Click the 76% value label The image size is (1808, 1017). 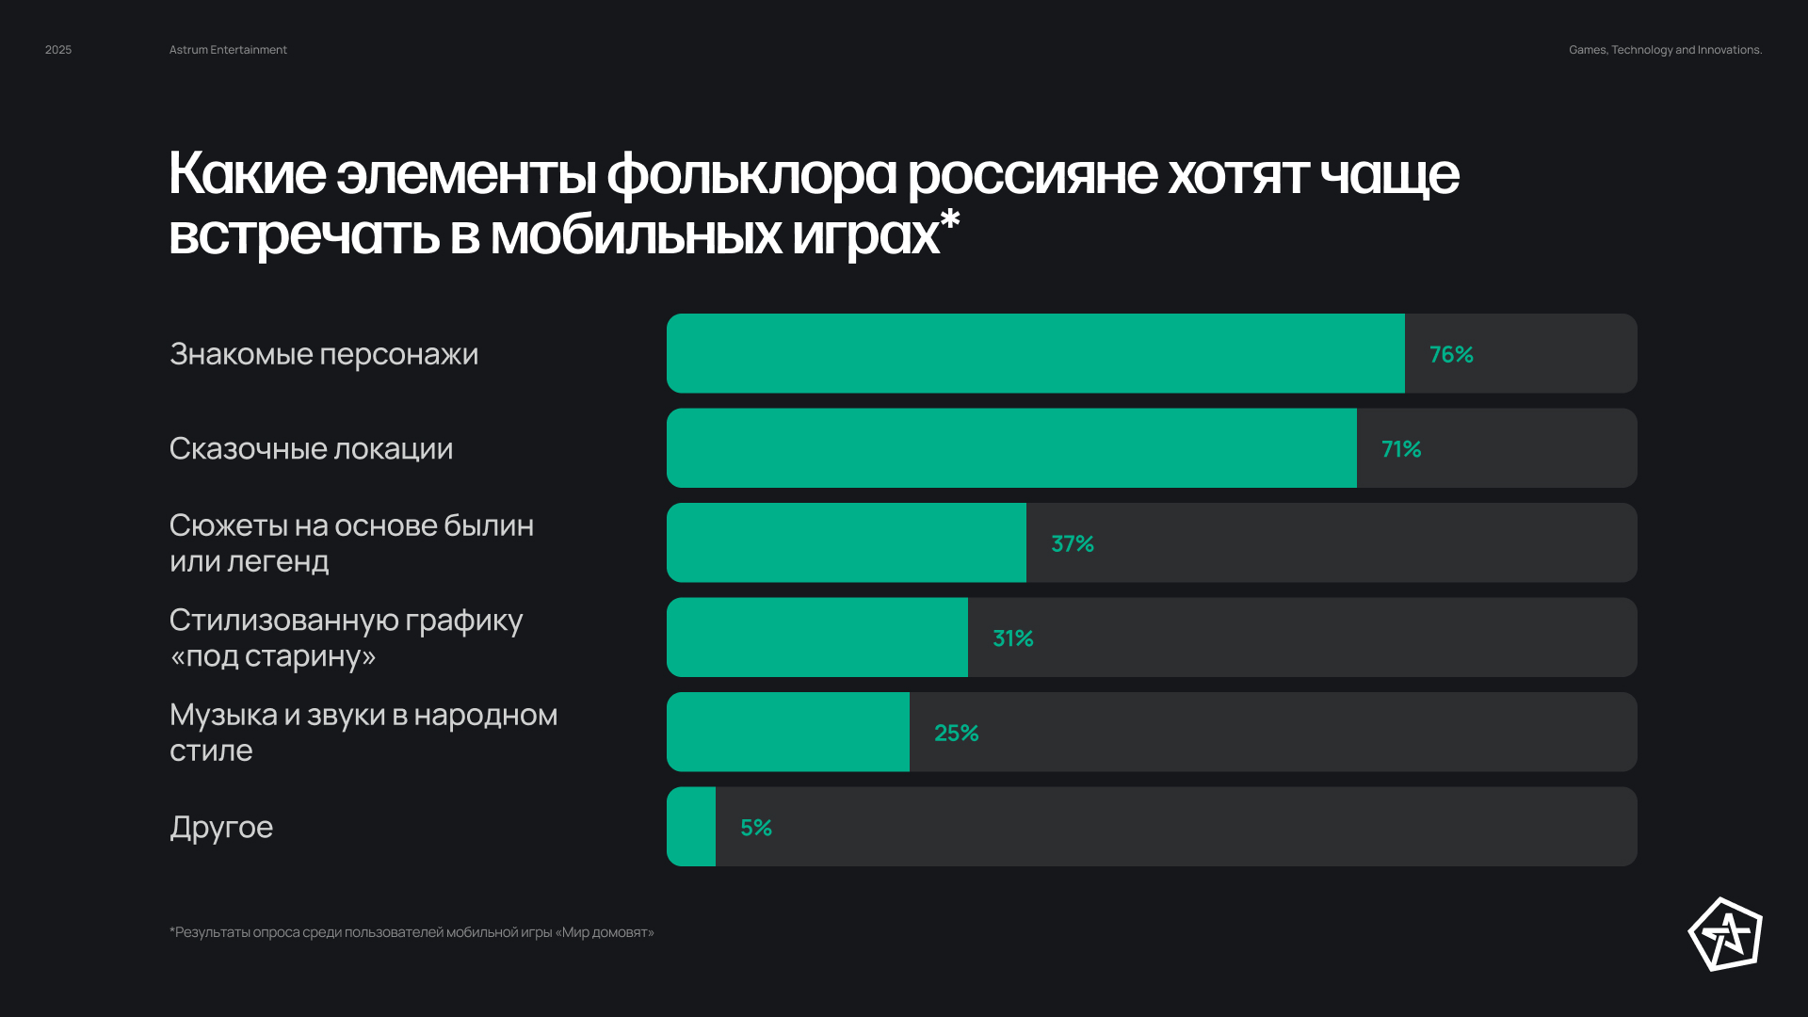[x=1451, y=354]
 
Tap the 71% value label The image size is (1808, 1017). [x=1401, y=449]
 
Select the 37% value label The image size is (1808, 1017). [x=1073, y=543]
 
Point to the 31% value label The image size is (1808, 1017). [x=1013, y=638]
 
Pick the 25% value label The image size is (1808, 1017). [x=957, y=733]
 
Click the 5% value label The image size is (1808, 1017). [x=756, y=828]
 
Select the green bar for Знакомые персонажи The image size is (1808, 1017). [x=1036, y=353]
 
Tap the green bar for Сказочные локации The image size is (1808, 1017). [x=1011, y=448]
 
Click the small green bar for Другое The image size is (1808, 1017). [x=691, y=827]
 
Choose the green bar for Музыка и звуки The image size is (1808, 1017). [x=788, y=732]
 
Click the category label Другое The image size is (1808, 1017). [x=221, y=827]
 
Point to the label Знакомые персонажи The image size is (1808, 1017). [x=324, y=354]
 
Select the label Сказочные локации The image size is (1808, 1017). [x=311, y=448]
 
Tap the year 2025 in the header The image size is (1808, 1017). [x=58, y=50]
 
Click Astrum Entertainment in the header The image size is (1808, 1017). [x=228, y=50]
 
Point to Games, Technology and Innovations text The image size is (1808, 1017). [x=1665, y=50]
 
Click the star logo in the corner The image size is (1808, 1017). [x=1725, y=934]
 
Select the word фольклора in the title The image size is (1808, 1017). [x=751, y=174]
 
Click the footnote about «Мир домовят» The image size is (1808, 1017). [x=412, y=932]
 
